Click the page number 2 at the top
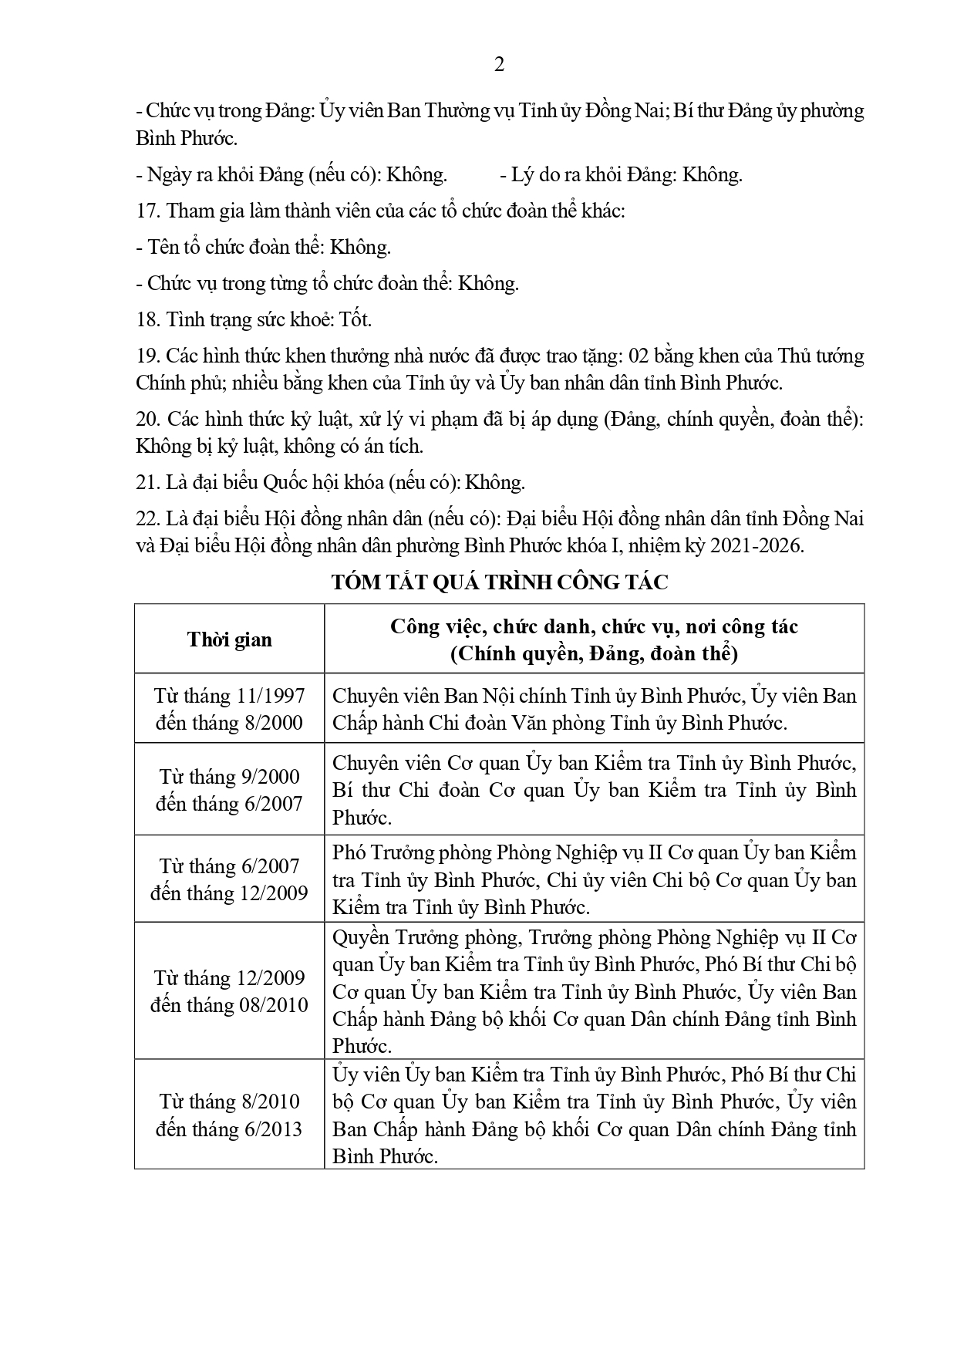[499, 66]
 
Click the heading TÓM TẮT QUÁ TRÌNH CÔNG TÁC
[499, 582]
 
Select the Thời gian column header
[229, 639]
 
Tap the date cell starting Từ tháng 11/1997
[229, 709]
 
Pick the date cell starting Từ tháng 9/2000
[229, 789]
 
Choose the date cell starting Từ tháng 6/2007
[229, 879]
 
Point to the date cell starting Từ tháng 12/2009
[229, 991]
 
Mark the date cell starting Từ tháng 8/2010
[229, 1115]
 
